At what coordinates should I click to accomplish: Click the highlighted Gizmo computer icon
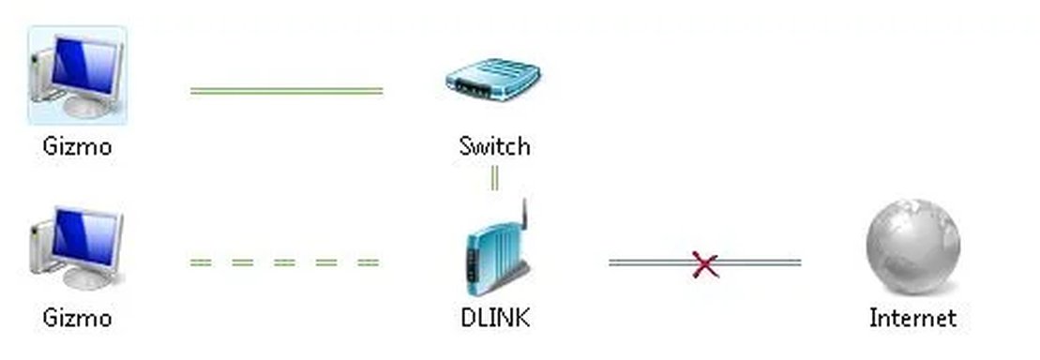[77, 75]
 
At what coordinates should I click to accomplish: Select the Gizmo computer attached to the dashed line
[77, 249]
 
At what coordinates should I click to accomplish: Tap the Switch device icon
[494, 81]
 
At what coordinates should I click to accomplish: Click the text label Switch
[494, 146]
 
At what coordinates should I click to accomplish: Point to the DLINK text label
[495, 318]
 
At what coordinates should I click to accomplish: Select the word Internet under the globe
[912, 318]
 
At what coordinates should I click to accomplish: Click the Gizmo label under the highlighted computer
[77, 146]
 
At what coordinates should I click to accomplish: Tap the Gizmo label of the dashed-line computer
[77, 318]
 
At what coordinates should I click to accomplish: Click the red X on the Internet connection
[705, 263]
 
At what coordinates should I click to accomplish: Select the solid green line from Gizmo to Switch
[286, 91]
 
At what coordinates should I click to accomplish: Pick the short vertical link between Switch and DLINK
[494, 177]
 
